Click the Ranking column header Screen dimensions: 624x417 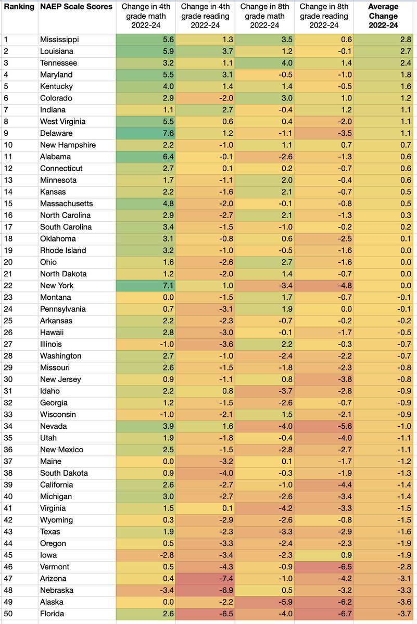click(x=19, y=7)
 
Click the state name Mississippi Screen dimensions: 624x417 click(x=60, y=40)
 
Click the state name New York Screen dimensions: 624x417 click(x=57, y=286)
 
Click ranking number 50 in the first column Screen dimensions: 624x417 click(x=9, y=614)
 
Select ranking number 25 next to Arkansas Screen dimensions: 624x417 click(x=9, y=321)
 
